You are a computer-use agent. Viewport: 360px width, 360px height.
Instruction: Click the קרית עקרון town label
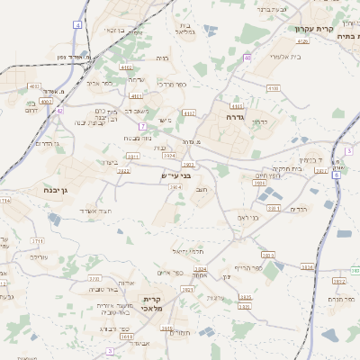click(313, 29)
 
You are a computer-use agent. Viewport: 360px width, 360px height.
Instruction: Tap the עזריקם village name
click(38, 257)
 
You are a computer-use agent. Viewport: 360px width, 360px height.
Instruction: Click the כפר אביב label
click(99, 83)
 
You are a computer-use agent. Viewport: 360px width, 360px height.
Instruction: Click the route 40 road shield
click(247, 58)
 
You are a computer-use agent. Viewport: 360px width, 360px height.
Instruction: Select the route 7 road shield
click(142, 126)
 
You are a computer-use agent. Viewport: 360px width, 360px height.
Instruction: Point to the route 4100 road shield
click(273, 88)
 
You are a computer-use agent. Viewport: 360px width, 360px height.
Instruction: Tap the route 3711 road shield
click(36, 241)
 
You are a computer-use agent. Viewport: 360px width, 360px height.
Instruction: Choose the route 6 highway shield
click(335, 175)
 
